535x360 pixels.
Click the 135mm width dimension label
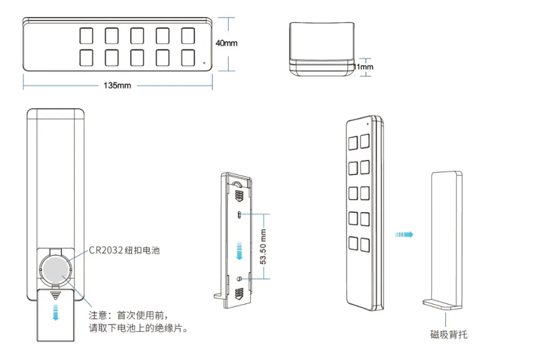(117, 86)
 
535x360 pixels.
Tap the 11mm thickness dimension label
(363, 67)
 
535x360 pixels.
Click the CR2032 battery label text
(125, 250)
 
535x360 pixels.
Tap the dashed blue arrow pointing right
(404, 234)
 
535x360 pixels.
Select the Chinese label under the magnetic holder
(449, 334)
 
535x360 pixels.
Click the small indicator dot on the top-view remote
(204, 63)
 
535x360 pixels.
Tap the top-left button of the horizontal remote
(86, 36)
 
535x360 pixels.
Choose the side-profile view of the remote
(322, 49)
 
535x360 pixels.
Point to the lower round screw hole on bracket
(241, 279)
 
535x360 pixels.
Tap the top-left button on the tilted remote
(354, 143)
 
